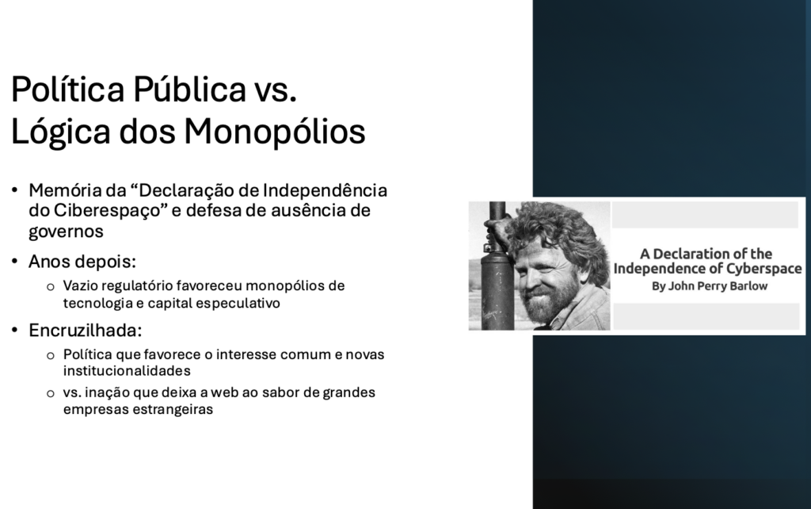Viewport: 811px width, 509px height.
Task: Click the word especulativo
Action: pyautogui.click(x=234, y=303)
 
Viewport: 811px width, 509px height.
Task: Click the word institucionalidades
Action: pyautogui.click(x=127, y=370)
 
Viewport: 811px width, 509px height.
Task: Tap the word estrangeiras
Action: pyautogui.click(x=169, y=410)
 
